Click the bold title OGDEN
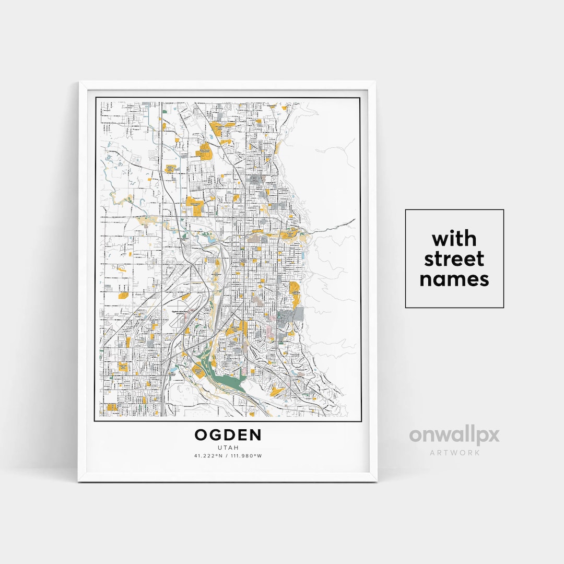[228, 435]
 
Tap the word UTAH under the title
[228, 448]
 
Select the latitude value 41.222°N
[208, 456]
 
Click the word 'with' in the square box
[454, 239]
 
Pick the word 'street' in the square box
[454, 259]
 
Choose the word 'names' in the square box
[454, 279]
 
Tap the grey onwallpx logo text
[454, 436]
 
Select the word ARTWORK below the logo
[454, 452]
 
